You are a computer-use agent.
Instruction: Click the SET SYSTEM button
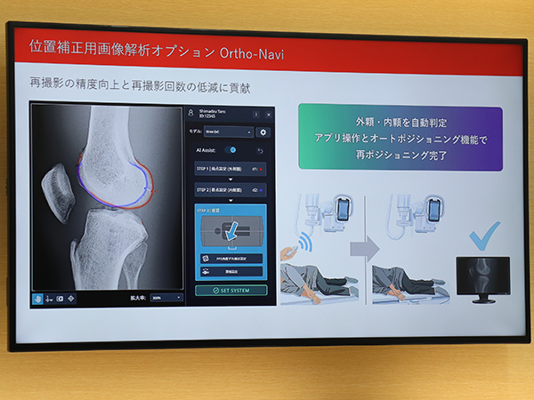[x=231, y=290]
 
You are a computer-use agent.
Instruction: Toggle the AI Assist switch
[x=231, y=149]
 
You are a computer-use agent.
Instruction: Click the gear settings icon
[x=263, y=132]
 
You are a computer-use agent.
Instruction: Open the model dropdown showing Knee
[x=228, y=132]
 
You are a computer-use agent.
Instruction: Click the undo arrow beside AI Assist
[x=261, y=149]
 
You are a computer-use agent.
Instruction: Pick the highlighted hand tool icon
[x=37, y=298]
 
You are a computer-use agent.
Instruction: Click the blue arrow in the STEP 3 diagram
[x=231, y=232]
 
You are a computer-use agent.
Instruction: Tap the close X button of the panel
[x=268, y=114]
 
